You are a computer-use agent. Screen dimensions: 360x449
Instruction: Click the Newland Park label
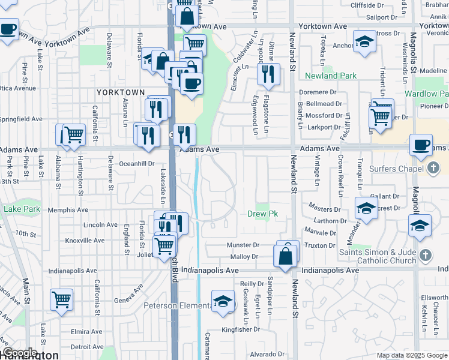coord(331,76)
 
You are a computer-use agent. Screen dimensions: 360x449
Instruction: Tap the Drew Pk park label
coord(263,214)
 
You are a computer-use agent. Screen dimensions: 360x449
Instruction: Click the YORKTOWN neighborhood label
coord(121,92)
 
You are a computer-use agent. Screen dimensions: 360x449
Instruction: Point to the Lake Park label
coord(22,209)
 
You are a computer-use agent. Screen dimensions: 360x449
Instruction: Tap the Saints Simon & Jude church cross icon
coord(426,255)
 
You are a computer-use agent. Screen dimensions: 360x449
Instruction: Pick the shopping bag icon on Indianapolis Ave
coord(285,256)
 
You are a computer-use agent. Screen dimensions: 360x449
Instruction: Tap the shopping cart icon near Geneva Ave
coord(62,299)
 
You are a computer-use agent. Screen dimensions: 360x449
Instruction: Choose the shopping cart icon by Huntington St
coord(73,134)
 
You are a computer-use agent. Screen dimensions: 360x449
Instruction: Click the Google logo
coord(19,353)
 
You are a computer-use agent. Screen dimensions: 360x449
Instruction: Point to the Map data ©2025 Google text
coord(411,355)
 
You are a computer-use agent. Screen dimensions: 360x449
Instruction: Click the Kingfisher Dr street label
coord(240,329)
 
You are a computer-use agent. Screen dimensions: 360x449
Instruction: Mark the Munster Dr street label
coord(243,245)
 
